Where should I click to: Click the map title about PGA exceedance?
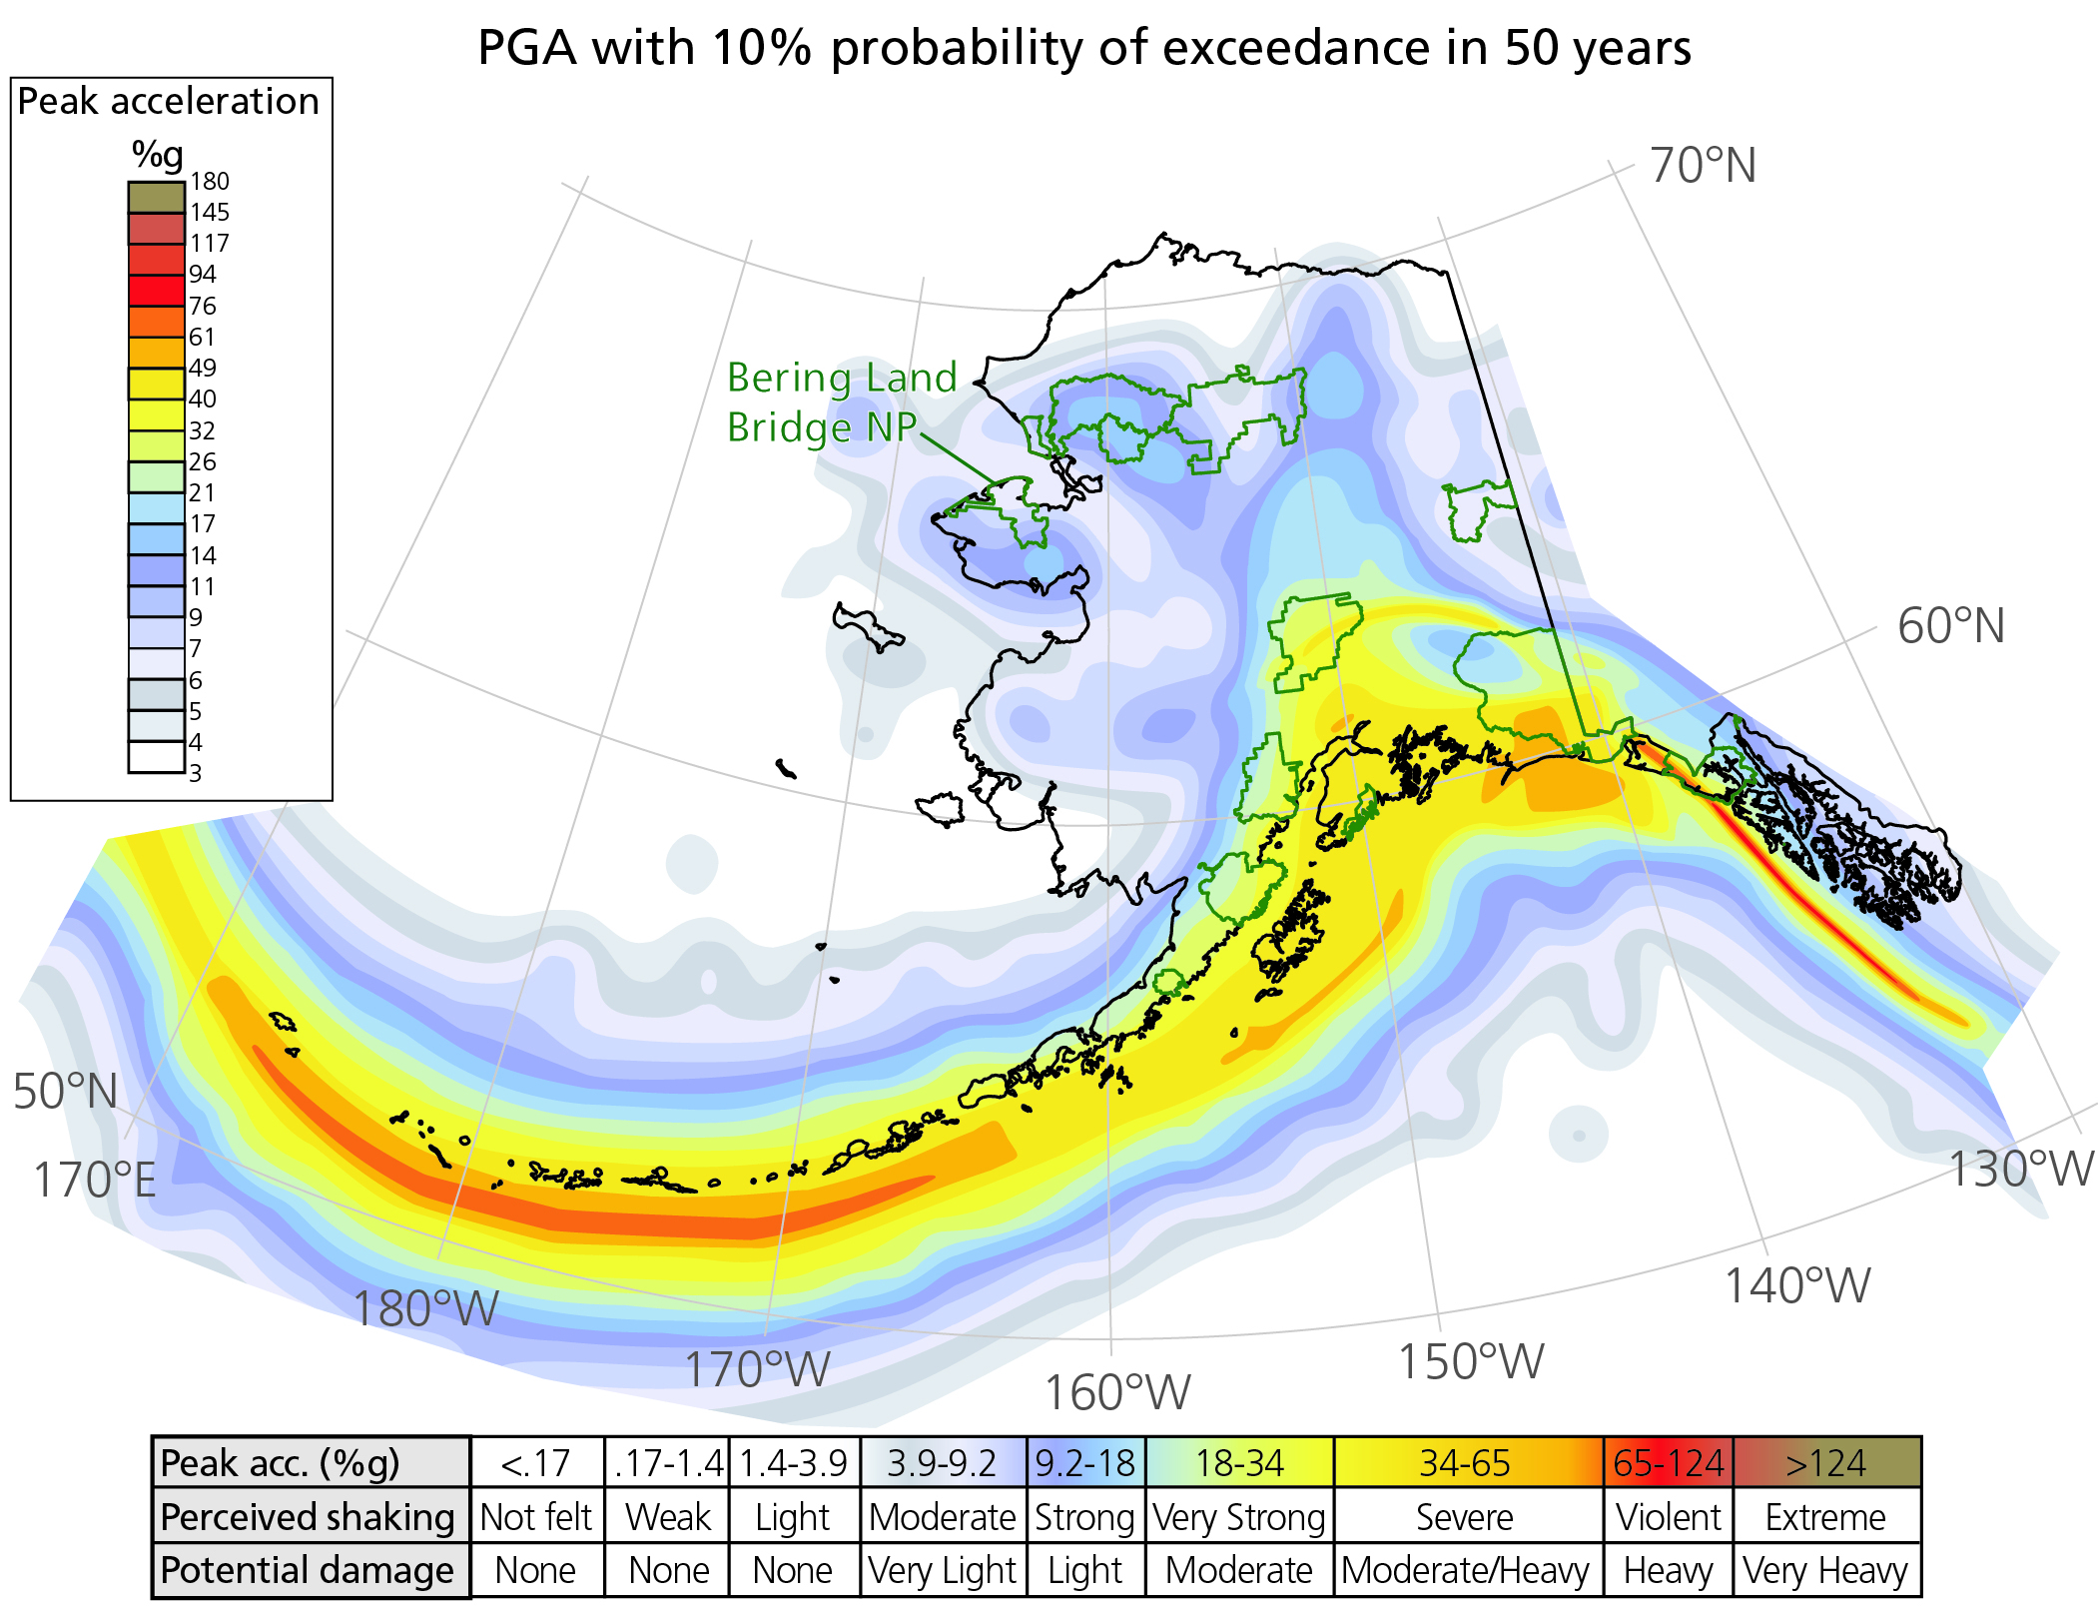(1083, 48)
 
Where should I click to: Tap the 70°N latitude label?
(1703, 166)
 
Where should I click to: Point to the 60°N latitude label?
(1950, 627)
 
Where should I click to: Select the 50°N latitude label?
(66, 1092)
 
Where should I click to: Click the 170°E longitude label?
(95, 1181)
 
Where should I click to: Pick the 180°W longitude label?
(425, 1308)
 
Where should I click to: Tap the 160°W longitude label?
(1116, 1393)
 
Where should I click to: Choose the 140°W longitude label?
(1796, 1286)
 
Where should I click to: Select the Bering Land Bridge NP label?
(841, 403)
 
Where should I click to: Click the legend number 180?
(210, 182)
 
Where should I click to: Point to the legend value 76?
(203, 306)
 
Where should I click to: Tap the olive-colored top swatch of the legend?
(157, 197)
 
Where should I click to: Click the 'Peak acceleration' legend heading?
(168, 102)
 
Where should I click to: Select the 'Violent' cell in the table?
(1668, 1517)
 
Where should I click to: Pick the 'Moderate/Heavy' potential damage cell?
(1465, 1571)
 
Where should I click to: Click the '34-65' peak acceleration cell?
(1465, 1464)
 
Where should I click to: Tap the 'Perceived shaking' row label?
(308, 1517)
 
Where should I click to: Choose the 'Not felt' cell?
(536, 1517)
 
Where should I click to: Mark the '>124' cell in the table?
(1825, 1464)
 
